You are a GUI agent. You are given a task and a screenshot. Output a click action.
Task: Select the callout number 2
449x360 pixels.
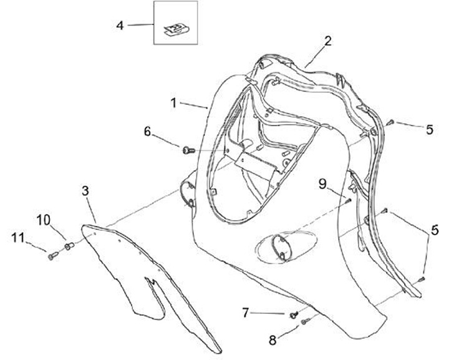click(x=327, y=41)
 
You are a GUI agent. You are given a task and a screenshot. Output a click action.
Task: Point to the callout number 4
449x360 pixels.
click(x=120, y=25)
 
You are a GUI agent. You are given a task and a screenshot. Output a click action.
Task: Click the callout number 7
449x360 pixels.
click(x=246, y=311)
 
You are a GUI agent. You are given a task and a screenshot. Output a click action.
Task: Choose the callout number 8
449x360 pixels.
click(x=271, y=340)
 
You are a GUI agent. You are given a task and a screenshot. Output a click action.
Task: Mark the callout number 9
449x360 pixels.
click(x=322, y=183)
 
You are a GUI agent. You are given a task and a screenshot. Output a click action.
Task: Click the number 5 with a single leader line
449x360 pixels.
click(x=430, y=130)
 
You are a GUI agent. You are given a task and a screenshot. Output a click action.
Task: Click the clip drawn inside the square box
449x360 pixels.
click(x=176, y=27)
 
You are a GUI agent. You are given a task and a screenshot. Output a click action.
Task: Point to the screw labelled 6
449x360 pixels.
click(x=188, y=149)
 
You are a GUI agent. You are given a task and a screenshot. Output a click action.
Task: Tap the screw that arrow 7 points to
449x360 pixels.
click(x=292, y=314)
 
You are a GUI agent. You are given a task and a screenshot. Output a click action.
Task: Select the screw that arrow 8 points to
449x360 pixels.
click(x=306, y=321)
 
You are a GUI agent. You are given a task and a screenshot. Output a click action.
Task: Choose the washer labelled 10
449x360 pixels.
click(x=69, y=246)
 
